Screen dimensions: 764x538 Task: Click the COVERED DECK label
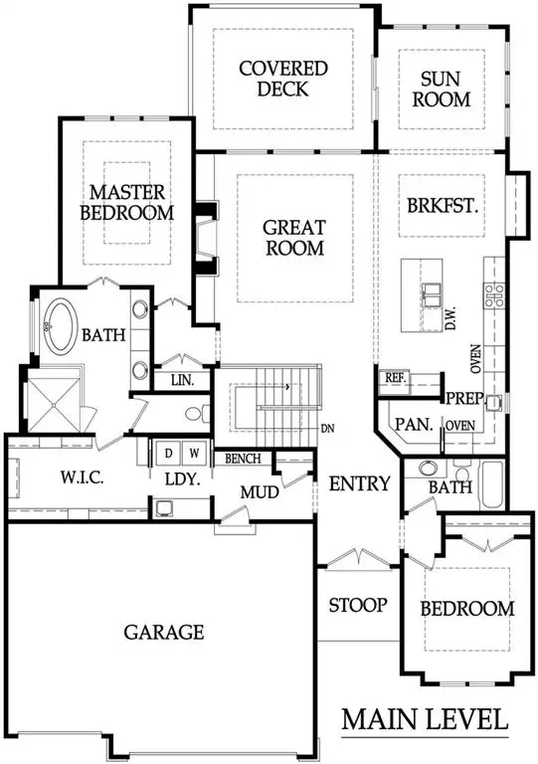click(x=283, y=79)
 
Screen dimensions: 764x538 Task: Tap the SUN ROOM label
click(x=444, y=89)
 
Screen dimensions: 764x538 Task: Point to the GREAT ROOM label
click(x=293, y=238)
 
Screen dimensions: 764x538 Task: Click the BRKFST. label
click(x=444, y=207)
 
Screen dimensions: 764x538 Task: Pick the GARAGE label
click(x=164, y=632)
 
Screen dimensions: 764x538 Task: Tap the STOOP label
click(x=358, y=605)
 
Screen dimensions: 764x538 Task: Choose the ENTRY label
click(x=358, y=483)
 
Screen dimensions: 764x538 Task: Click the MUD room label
click(x=257, y=490)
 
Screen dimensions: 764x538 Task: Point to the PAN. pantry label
click(x=412, y=424)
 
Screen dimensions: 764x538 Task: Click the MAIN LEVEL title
click(x=426, y=718)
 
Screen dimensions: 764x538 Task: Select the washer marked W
click(x=194, y=454)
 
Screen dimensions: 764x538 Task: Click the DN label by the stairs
click(x=326, y=430)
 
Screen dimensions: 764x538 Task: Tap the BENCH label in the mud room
click(x=243, y=459)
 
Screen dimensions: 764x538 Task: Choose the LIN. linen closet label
click(x=182, y=380)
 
